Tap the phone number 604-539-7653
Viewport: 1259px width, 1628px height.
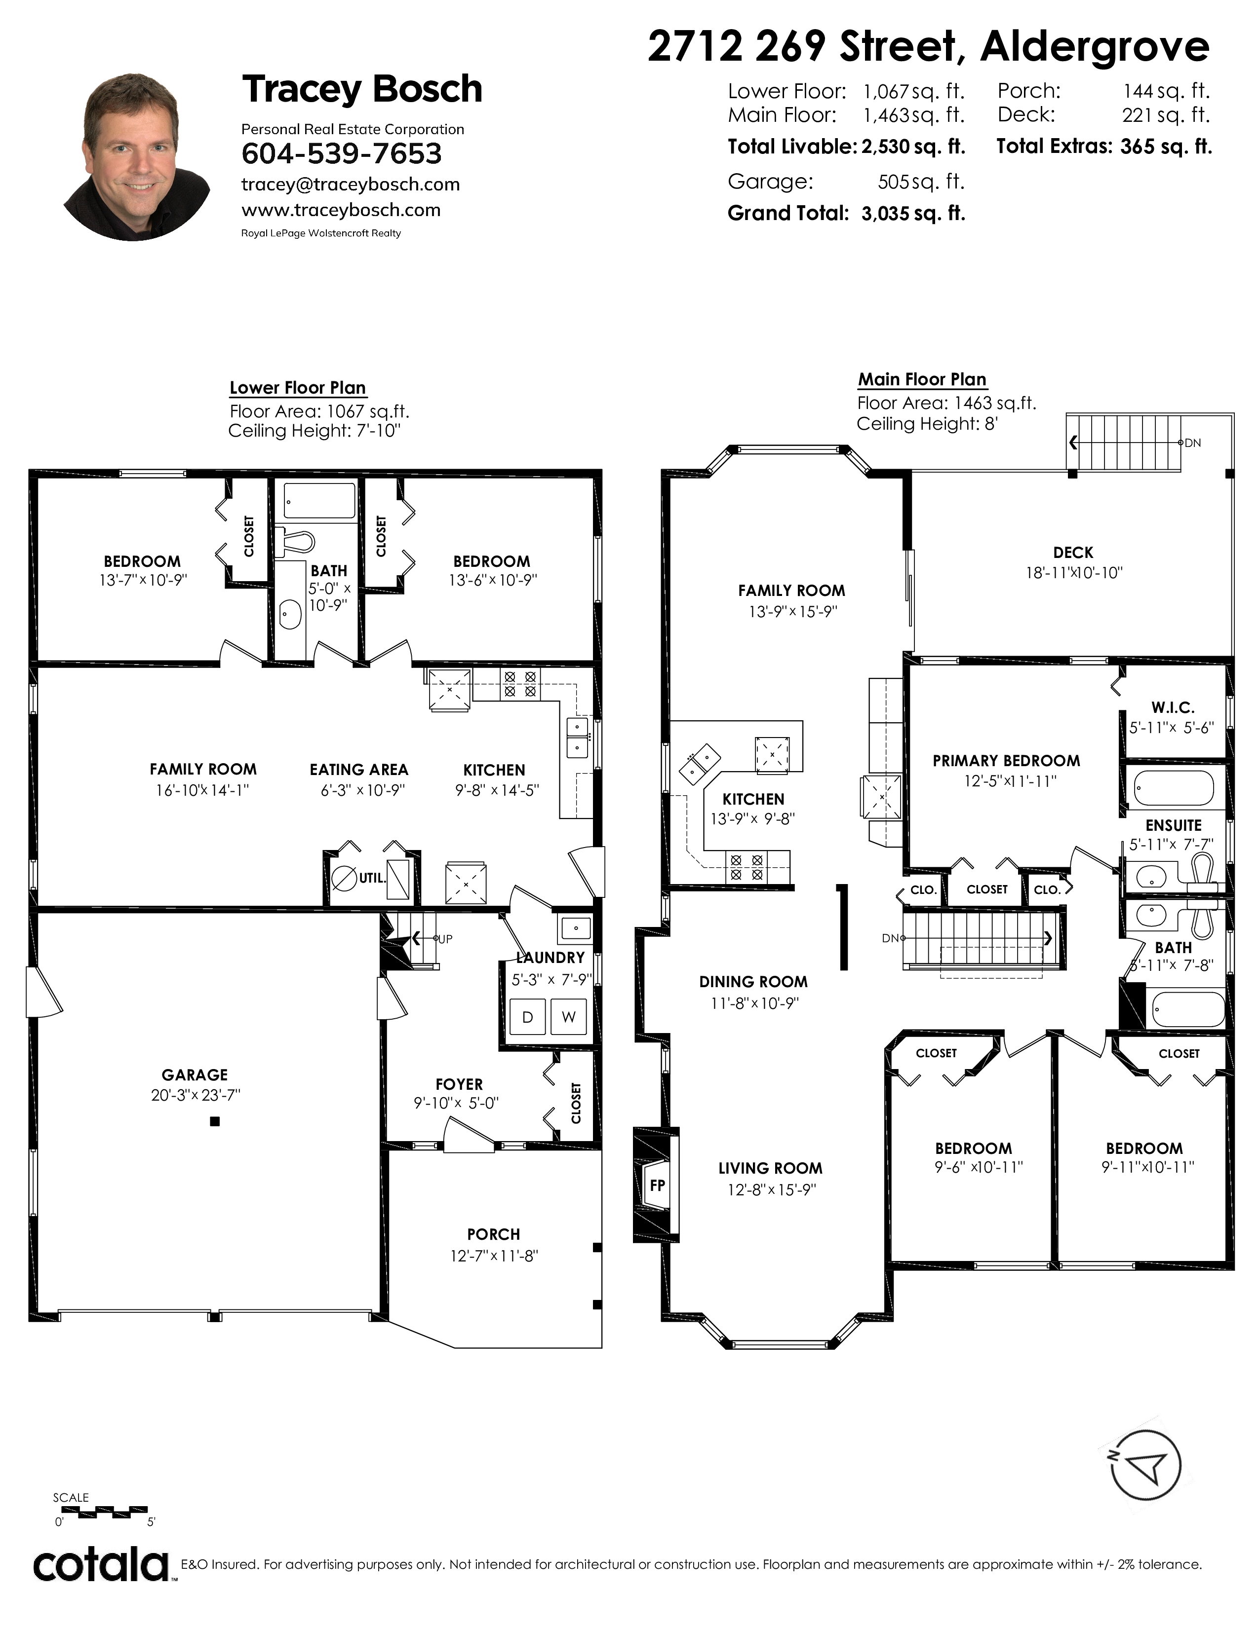click(342, 153)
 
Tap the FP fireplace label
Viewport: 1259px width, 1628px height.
click(657, 1185)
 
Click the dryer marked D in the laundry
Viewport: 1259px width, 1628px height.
click(527, 1017)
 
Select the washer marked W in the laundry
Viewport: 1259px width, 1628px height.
click(568, 1017)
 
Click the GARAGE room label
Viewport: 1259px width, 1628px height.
click(195, 1074)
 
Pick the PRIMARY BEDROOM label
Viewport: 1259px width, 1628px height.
click(1006, 760)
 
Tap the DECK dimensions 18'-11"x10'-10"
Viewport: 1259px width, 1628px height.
click(1074, 572)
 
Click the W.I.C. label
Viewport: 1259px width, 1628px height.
click(1173, 707)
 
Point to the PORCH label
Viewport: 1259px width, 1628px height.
click(494, 1234)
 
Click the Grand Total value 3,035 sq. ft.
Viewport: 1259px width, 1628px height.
click(913, 214)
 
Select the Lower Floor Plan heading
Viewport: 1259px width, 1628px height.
click(298, 388)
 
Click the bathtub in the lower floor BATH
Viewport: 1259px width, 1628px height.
click(320, 501)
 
